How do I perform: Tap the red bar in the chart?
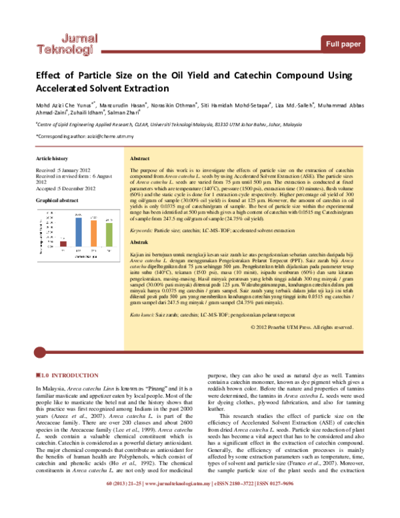click(x=63, y=243)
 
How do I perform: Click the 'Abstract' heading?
click(x=139, y=160)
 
